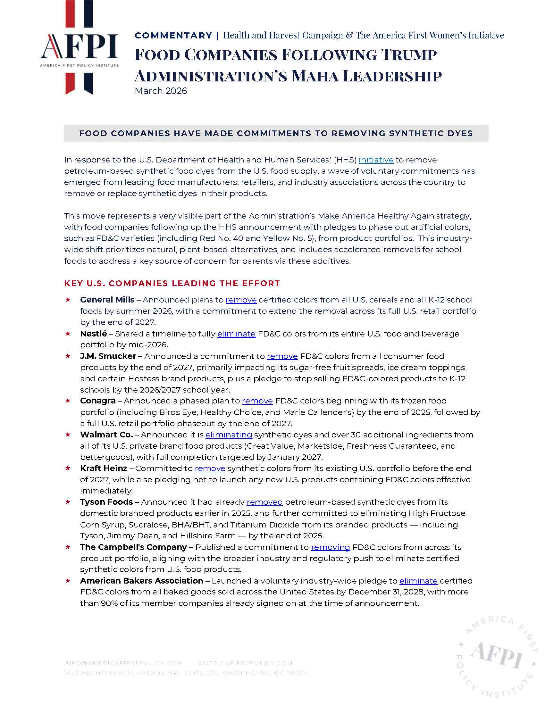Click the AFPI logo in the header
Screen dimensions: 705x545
80,48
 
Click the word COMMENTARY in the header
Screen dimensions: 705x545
173,36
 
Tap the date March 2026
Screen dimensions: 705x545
161,91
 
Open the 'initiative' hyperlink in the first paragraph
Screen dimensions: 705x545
376,160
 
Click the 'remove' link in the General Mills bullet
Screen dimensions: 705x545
241,300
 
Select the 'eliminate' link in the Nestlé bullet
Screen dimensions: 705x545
236,334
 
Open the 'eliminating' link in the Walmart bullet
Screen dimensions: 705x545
229,435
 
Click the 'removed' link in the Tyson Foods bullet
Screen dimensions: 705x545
264,502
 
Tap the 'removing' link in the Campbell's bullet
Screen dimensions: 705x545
330,547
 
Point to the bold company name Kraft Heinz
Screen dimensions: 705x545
103,469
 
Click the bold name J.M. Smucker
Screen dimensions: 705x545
108,356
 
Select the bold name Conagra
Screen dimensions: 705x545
97,401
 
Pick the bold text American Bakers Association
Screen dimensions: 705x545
141,581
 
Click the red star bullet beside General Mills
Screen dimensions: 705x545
68,300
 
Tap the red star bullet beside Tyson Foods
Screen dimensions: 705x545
68,502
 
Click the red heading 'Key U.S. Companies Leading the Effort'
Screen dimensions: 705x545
172,283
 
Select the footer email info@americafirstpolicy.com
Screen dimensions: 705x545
123,664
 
